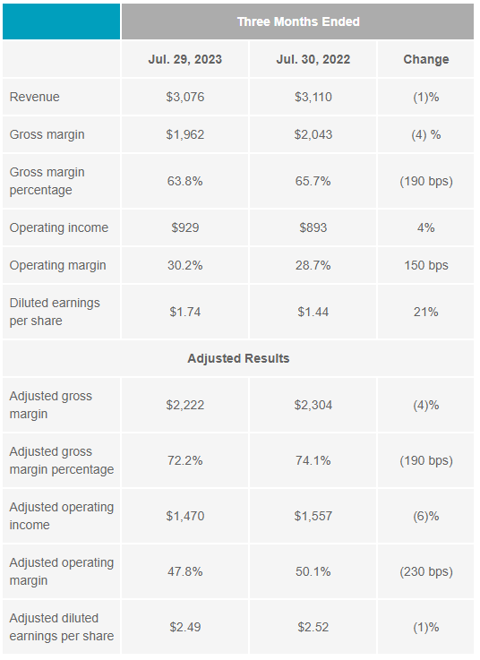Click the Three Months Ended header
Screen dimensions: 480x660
(x=298, y=21)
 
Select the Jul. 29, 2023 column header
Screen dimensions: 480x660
(x=184, y=59)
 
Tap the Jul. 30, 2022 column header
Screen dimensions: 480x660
(x=313, y=59)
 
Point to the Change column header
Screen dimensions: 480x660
(x=425, y=59)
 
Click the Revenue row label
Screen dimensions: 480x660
(x=35, y=97)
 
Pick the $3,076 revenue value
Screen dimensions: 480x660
(x=184, y=97)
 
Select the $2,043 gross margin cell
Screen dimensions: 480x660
(x=313, y=134)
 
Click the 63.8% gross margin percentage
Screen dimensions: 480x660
(x=184, y=181)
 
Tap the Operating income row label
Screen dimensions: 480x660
(x=59, y=227)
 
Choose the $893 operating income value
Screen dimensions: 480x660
(x=313, y=227)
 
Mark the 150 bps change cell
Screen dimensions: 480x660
(x=425, y=266)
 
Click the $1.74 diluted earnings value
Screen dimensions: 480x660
(x=184, y=312)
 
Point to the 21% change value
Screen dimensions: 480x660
(x=425, y=312)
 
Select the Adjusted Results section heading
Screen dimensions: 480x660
(x=238, y=358)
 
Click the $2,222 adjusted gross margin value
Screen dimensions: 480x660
(x=184, y=405)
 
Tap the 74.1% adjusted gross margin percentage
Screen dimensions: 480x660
(x=313, y=460)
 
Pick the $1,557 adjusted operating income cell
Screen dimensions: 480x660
(x=313, y=516)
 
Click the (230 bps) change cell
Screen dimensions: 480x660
(x=425, y=571)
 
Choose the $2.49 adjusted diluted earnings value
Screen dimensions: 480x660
(x=184, y=627)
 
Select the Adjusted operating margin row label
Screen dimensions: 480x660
(x=62, y=571)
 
